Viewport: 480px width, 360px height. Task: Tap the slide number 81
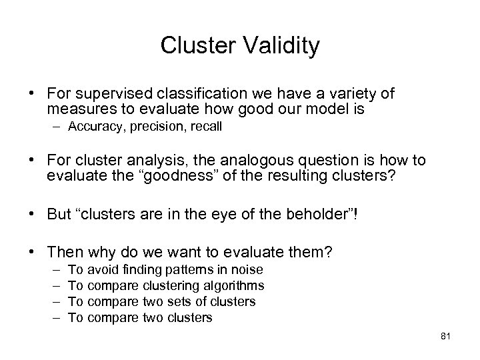(446, 337)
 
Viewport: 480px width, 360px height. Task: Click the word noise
(248, 269)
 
